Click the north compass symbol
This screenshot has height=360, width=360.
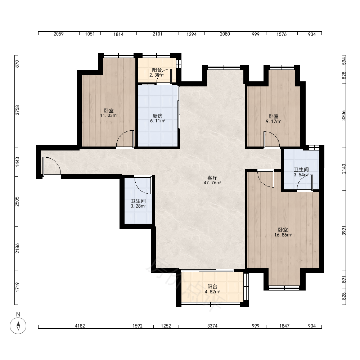click(x=18, y=325)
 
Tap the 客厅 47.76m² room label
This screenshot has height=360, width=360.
click(x=212, y=180)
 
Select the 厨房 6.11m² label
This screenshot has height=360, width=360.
click(x=158, y=118)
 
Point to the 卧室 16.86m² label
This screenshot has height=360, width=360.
click(x=283, y=232)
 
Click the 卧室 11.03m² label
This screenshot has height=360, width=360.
click(x=109, y=113)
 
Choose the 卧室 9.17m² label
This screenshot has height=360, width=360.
click(x=274, y=119)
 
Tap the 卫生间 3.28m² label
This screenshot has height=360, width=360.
click(x=138, y=203)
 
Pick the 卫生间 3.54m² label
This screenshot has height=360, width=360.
click(x=301, y=172)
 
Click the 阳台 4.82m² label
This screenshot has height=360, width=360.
click(x=212, y=289)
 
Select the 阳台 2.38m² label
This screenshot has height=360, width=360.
click(x=157, y=72)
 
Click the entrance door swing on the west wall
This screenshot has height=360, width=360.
click(x=51, y=166)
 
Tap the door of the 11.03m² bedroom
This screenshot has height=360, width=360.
click(x=125, y=139)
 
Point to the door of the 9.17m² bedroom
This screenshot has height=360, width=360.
click(x=271, y=139)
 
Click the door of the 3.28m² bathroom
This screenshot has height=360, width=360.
click(x=143, y=185)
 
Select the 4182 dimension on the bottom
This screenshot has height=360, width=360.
click(x=80, y=326)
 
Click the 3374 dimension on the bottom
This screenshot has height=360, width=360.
click(x=212, y=326)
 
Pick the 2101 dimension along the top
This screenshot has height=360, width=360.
click(x=158, y=34)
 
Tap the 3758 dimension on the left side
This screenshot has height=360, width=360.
click(x=17, y=110)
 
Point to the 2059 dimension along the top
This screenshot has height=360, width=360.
click(x=59, y=34)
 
